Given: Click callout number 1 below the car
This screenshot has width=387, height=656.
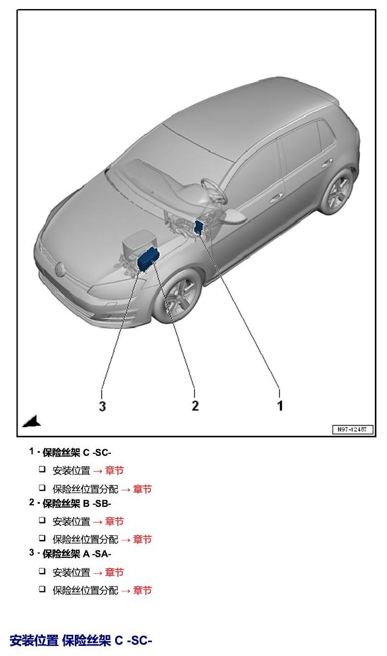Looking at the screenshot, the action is point(280,405).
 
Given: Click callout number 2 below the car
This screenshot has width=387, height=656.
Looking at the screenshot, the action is point(195,405).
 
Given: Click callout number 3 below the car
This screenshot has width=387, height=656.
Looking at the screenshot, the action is point(102,406).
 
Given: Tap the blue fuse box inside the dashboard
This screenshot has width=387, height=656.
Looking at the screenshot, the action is point(199,227).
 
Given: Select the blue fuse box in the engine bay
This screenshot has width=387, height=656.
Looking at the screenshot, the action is point(148,258).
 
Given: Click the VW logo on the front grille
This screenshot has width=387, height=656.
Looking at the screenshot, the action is point(59,269).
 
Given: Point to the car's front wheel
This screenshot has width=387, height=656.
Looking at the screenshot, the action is point(178,296).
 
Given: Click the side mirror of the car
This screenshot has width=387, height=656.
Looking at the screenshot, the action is point(234,216).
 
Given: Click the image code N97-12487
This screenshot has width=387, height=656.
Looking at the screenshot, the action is point(352,429).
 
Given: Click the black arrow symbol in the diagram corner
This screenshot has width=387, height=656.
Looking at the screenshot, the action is point(32,421).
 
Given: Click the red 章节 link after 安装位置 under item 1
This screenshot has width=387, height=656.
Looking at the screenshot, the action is point(114,471).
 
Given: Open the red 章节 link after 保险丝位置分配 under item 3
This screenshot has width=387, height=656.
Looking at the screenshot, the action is point(142,590).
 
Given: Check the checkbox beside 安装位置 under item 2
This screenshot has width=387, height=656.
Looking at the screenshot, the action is point(42,521).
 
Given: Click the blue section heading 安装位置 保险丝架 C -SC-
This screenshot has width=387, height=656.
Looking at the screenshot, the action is point(81,640).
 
